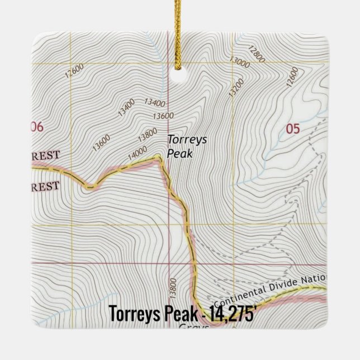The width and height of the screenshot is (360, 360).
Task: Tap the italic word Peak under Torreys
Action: coord(179,153)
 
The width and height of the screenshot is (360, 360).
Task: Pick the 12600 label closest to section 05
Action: coord(291,78)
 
